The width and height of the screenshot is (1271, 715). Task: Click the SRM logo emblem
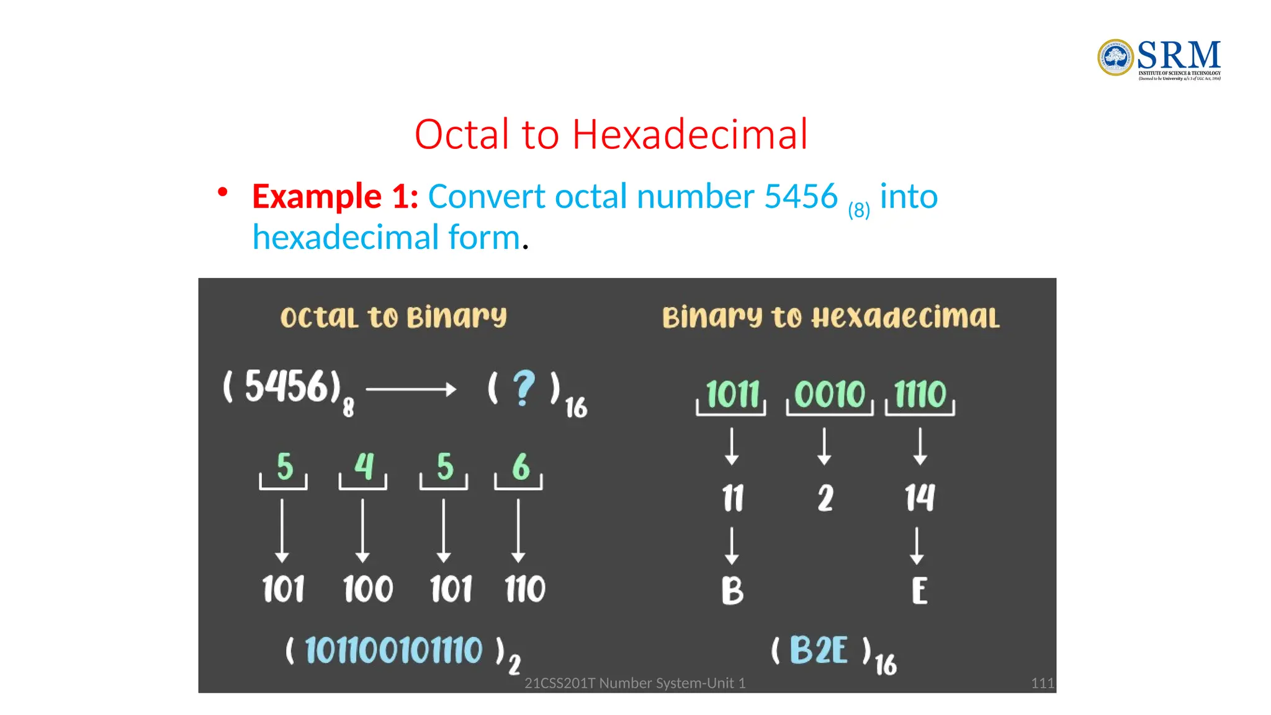coord(1115,58)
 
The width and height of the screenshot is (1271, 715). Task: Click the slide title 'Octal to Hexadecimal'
coord(611,134)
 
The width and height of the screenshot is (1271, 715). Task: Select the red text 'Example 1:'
coord(335,197)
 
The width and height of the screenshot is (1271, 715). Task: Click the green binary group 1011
coord(732,394)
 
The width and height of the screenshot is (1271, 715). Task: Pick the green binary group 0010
coord(830,394)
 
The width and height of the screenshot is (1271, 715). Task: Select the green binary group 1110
coord(920,394)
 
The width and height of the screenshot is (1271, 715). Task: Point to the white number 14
coord(919,498)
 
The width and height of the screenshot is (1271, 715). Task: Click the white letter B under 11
coord(732,590)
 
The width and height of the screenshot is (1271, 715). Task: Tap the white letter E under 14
coord(920,590)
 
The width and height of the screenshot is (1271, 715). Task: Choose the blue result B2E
coord(819,650)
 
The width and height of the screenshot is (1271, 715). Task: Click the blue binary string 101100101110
coord(393,650)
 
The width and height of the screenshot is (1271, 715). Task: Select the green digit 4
coord(364,466)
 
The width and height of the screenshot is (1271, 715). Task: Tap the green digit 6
coord(521,466)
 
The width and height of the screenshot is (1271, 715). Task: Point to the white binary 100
coord(368,589)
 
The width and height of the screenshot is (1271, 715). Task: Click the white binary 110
coord(525,589)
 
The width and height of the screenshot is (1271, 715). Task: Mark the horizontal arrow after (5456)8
coord(411,390)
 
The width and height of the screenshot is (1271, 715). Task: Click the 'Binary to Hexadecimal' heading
coord(831,317)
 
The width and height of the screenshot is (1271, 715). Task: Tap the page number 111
coord(1042,683)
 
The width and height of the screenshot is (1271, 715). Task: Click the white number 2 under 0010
coord(825,498)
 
